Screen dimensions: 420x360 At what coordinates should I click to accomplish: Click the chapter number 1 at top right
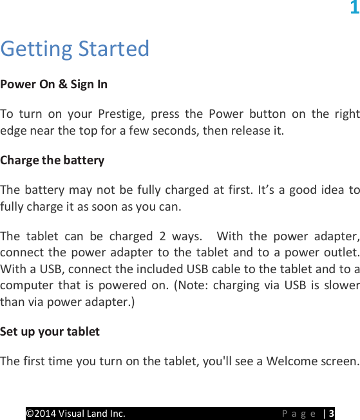point(354,8)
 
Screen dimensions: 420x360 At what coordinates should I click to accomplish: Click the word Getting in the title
point(37,49)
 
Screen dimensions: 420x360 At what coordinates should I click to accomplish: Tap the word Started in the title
point(113,49)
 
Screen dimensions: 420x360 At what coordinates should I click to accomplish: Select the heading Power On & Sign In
point(54,84)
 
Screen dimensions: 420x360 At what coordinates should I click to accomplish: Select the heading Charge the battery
point(52,160)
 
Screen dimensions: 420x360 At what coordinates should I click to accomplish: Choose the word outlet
point(341,251)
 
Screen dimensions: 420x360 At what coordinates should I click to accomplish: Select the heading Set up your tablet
point(50,332)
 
